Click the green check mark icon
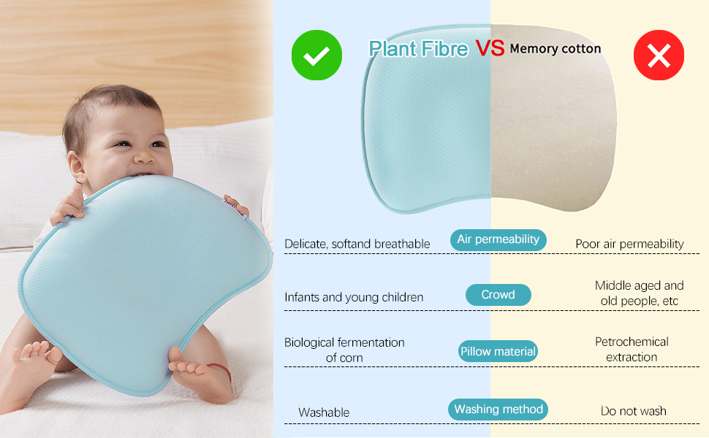[316, 55]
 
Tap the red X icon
[659, 55]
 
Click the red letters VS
[490, 48]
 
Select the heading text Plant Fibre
[418, 49]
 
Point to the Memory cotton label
[555, 49]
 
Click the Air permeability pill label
[498, 239]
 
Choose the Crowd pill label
[498, 295]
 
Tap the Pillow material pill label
[498, 351]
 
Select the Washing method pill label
[498, 410]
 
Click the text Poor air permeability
[629, 244]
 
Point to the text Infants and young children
[354, 297]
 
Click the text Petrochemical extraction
[632, 349]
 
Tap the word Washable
[324, 412]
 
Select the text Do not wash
[634, 411]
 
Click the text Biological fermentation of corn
[344, 350]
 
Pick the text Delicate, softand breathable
[357, 244]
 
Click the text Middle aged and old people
[639, 293]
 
